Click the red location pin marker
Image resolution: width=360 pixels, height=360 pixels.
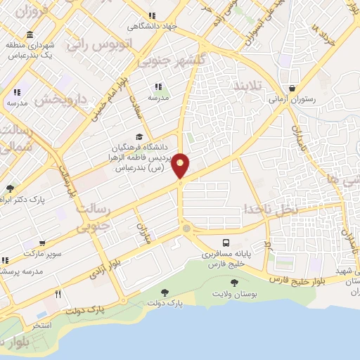181,165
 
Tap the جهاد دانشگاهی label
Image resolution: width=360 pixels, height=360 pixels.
152,26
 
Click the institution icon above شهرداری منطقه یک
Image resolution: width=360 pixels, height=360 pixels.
29,35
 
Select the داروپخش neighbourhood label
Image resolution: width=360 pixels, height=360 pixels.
61,100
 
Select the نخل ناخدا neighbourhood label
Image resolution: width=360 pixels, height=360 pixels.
271,209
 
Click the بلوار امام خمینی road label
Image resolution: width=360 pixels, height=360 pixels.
106,98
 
